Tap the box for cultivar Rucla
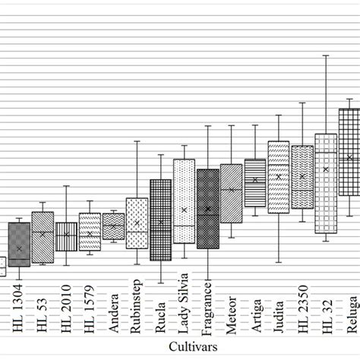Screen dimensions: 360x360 (160, 220)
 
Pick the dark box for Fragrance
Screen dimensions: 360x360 (207, 209)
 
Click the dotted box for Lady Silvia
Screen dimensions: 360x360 (184, 201)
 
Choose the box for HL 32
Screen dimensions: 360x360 (326, 183)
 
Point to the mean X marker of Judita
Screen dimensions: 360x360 (279, 176)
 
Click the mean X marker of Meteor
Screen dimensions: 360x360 (232, 189)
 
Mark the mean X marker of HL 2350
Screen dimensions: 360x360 (302, 176)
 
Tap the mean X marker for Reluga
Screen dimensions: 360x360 (349, 157)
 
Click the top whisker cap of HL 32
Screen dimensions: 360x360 (326, 55)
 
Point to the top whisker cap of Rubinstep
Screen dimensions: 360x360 (137, 141)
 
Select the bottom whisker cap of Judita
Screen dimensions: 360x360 (279, 262)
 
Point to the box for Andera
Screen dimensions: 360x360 (113, 226)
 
